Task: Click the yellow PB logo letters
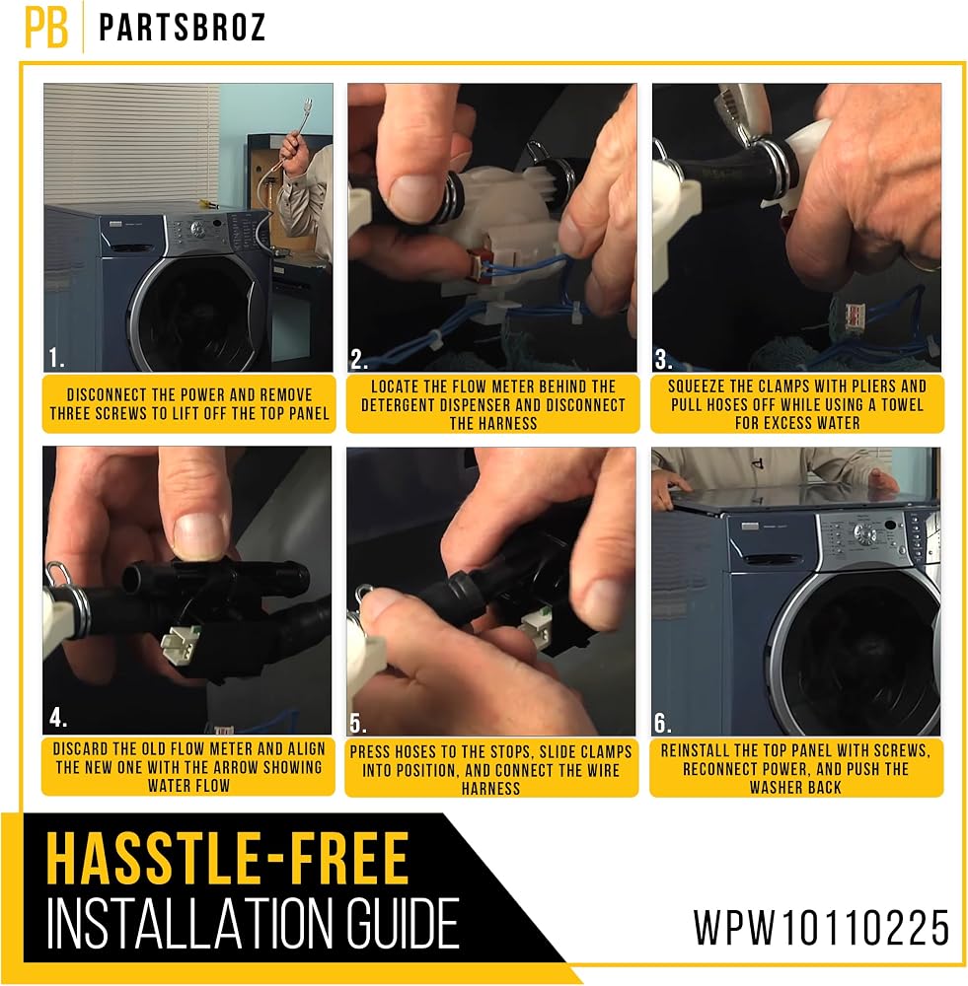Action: pyautogui.click(x=46, y=28)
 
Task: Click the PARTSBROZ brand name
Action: pyautogui.click(x=182, y=28)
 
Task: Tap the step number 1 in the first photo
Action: pyautogui.click(x=56, y=358)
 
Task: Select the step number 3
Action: pyautogui.click(x=663, y=359)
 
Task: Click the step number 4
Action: pyautogui.click(x=58, y=718)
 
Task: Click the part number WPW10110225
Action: pyautogui.click(x=821, y=927)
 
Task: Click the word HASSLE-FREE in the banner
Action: pyautogui.click(x=228, y=858)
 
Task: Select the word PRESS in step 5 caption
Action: pyautogui.click(x=371, y=751)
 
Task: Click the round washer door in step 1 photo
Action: pyautogui.click(x=196, y=314)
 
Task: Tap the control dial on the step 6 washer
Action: pyautogui.click(x=864, y=533)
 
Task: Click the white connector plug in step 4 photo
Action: pyautogui.click(x=181, y=643)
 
